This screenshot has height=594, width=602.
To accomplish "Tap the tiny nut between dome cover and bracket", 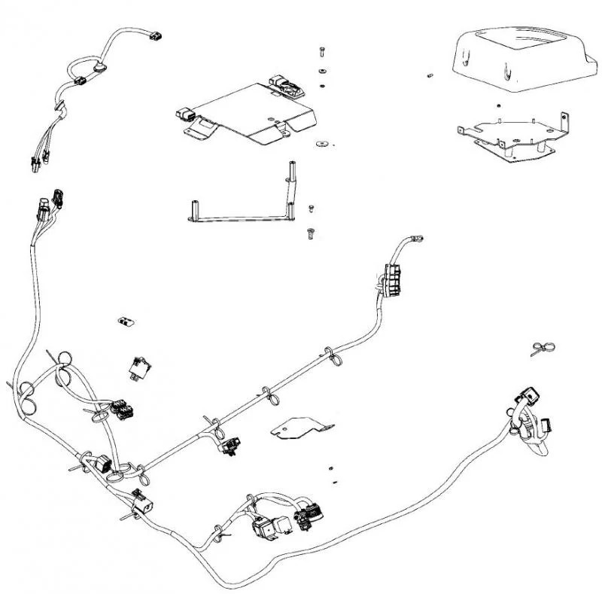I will coord(499,105).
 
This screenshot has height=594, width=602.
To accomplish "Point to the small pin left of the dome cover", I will coord(430,75).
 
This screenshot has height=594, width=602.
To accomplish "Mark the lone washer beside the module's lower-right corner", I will coord(323,141).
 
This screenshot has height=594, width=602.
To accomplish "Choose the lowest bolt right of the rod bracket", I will coord(309,233).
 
